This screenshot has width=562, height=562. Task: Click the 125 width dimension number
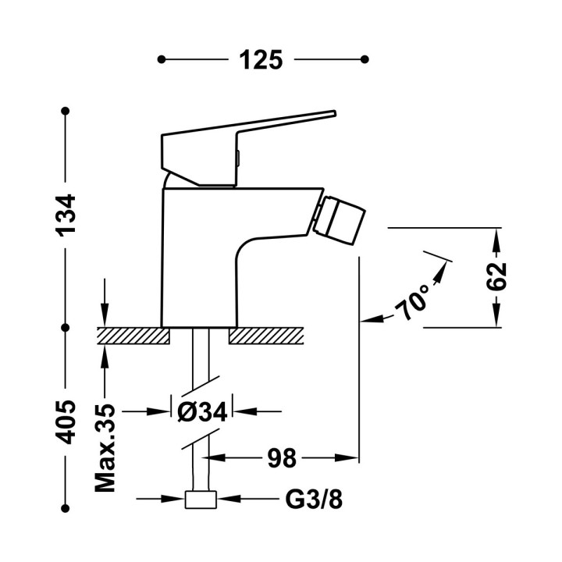pos(262,59)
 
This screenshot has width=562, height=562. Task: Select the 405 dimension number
pos(68,421)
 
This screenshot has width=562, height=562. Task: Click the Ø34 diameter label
pos(202,411)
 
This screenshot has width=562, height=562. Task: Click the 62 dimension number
pos(496,276)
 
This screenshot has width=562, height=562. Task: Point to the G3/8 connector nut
pos(201,499)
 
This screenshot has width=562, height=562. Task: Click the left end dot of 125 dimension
pos(162,59)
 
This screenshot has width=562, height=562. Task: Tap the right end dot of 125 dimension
pos(365,59)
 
